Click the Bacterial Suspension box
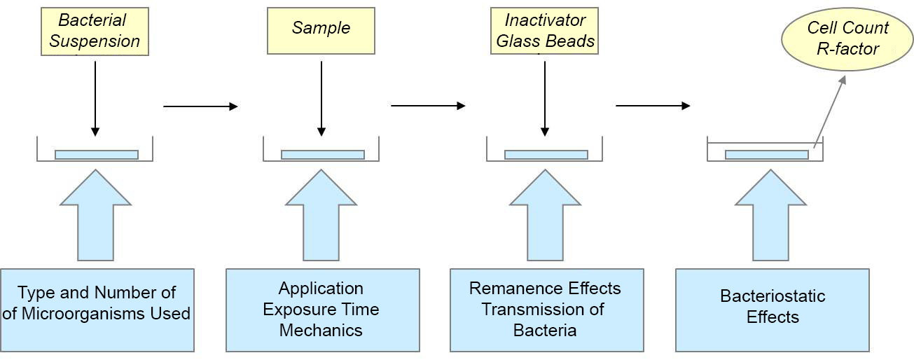pos(95,32)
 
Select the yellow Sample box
pos(321,31)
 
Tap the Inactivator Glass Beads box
pos(544,31)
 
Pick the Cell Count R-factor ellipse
pos(847,39)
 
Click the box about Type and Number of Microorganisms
pos(97,310)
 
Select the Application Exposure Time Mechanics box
pos(323,310)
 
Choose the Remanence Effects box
pos(547,310)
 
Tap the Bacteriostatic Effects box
pos(773,310)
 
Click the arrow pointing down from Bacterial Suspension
pos(95,99)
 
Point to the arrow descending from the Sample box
pos(321,99)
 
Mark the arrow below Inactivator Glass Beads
pos(545,99)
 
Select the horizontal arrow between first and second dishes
pos(200,106)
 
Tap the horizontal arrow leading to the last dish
pos(653,106)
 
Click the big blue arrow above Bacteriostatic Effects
pos(771,215)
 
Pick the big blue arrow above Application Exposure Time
pos(321,215)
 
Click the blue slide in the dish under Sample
pos(323,155)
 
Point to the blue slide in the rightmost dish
pos(767,155)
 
